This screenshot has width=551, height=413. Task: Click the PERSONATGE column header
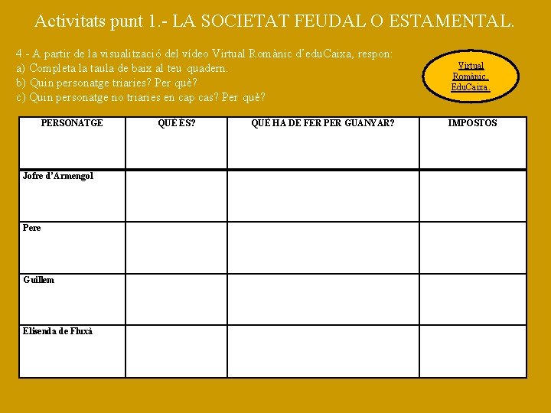click(71, 123)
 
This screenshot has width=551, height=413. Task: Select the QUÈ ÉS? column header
click(176, 123)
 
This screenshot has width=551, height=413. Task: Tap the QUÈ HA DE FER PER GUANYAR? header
click(323, 123)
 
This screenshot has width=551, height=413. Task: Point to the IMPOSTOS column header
click(472, 123)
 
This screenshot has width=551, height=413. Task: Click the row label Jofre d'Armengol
click(58, 176)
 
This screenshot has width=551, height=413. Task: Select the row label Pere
click(32, 228)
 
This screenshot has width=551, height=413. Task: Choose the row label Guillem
click(38, 280)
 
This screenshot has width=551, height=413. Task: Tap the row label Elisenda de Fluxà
click(57, 331)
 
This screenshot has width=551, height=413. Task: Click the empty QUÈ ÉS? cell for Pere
click(176, 247)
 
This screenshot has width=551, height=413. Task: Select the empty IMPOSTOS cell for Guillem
click(472, 299)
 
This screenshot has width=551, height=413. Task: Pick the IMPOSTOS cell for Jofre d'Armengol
click(472, 195)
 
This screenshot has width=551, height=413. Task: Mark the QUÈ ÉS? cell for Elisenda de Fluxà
click(176, 351)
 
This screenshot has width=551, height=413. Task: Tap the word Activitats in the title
click(71, 21)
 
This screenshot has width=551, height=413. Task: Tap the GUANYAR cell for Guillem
click(323, 299)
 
